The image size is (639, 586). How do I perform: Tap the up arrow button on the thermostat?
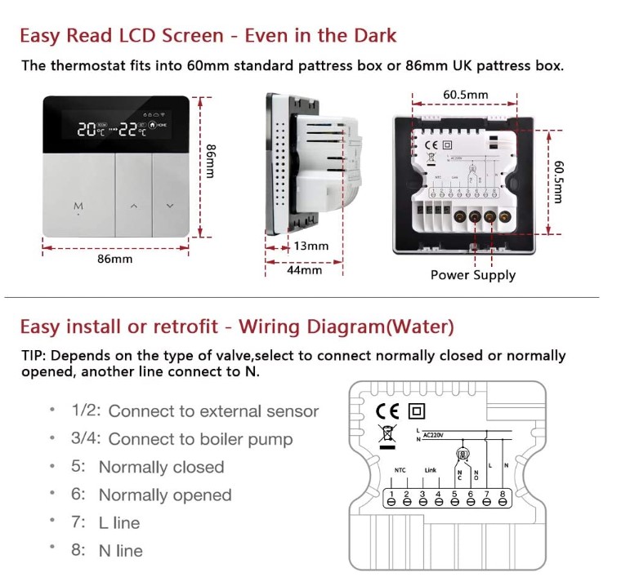tap(133, 206)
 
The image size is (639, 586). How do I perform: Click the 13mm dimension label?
tap(311, 246)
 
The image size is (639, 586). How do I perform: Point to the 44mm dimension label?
tap(304, 270)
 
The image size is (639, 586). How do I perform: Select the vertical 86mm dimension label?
tap(210, 162)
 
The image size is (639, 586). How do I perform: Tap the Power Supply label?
tap(473, 275)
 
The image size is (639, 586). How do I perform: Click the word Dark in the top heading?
tap(373, 36)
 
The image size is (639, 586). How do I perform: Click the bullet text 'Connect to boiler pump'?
tap(200, 439)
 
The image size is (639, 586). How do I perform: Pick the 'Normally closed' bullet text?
tap(161, 468)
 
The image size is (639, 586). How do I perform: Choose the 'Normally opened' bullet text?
tap(165, 495)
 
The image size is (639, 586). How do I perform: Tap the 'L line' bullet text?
tap(119, 523)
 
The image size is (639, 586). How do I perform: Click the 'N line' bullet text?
tap(120, 551)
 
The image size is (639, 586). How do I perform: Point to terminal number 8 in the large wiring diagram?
tap(503, 495)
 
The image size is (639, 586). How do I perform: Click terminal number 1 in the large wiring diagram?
tap(391, 495)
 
